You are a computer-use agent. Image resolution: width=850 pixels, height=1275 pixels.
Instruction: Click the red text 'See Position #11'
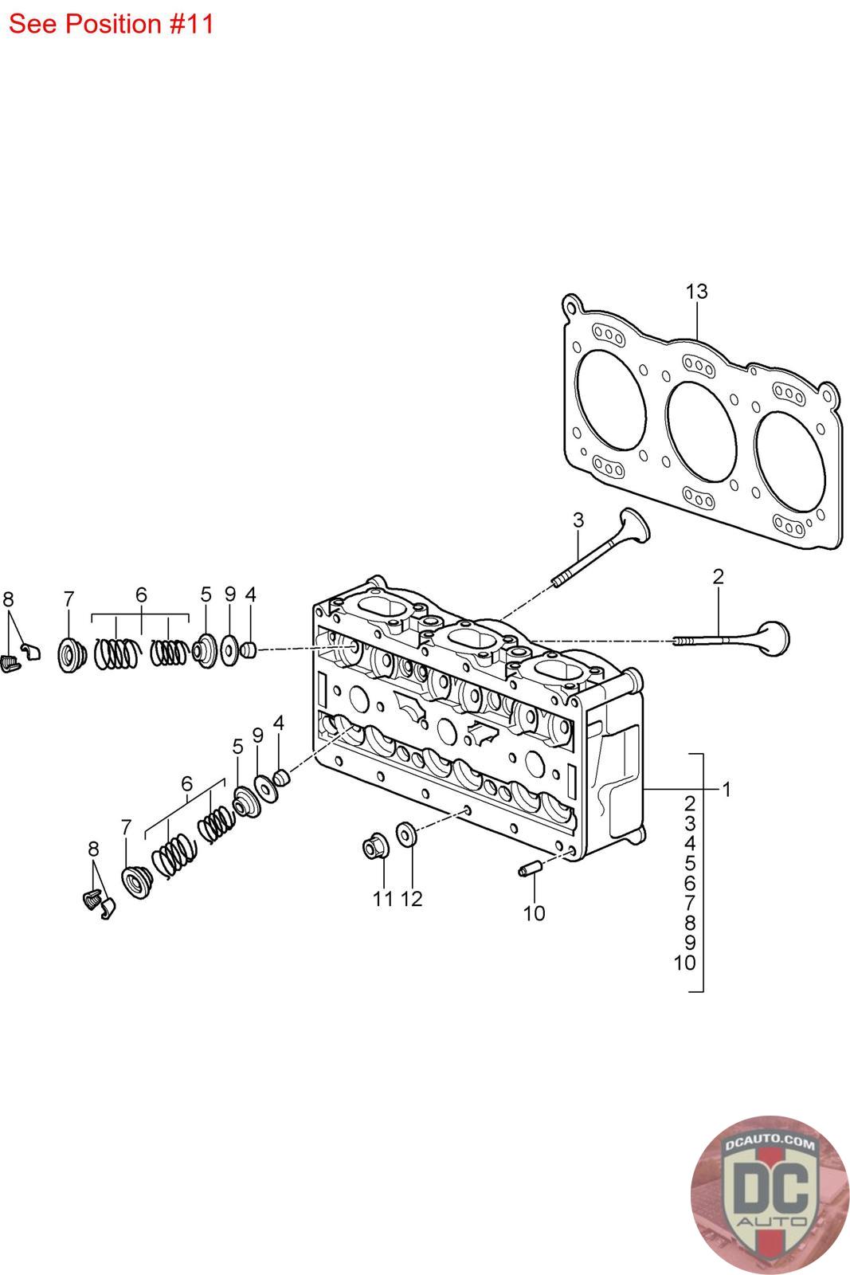point(111,25)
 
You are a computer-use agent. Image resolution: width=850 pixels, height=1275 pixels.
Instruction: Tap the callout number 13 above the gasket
point(695,292)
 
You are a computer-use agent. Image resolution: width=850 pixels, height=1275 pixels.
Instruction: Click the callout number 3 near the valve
point(578,520)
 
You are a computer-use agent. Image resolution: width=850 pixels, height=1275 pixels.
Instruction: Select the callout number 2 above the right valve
point(718,577)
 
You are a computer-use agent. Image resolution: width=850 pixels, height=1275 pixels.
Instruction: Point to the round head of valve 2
point(774,638)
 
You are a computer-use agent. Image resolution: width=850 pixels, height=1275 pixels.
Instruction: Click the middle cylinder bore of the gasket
point(701,433)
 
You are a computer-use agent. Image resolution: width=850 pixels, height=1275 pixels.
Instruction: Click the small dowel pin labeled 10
point(528,869)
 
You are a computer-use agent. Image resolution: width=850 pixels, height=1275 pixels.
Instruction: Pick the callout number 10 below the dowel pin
point(534,912)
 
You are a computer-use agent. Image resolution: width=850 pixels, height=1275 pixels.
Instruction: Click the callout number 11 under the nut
point(383,898)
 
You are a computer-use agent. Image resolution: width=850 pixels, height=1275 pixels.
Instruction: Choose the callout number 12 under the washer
point(411,898)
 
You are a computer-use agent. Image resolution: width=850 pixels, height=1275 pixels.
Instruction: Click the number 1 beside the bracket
point(726,790)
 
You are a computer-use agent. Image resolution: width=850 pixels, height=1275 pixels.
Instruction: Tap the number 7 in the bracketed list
point(690,903)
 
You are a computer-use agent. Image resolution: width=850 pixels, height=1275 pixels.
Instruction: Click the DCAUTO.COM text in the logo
point(770,1143)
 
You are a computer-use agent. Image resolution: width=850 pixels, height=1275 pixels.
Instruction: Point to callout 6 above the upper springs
point(141,594)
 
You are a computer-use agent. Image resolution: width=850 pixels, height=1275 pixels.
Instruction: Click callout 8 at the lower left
point(93,849)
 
